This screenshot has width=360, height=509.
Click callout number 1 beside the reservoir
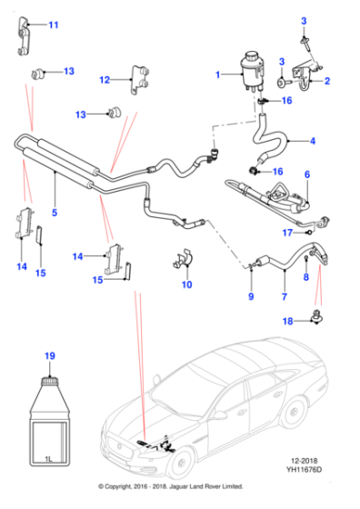(215, 75)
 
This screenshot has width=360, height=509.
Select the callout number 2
(327, 82)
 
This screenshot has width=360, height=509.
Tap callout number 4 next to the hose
(312, 141)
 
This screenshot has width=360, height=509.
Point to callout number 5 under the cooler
(55, 213)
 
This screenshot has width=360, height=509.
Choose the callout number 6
(306, 175)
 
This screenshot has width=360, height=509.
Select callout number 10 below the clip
(186, 285)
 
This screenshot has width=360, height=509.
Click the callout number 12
(105, 80)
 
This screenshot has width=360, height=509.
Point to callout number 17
(285, 233)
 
